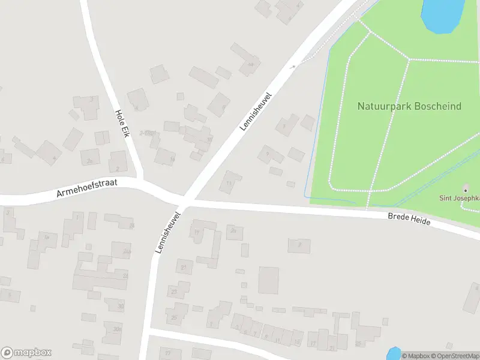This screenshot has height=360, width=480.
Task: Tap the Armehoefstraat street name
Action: (87, 188)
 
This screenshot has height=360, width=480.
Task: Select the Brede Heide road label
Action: (409, 219)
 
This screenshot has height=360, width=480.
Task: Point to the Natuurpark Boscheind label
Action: (409, 106)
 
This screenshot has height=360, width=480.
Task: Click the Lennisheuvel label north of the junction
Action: (256, 112)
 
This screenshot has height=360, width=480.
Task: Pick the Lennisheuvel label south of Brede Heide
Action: (167, 232)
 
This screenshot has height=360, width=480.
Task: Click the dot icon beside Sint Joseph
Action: (466, 189)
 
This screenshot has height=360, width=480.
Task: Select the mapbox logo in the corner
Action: (26, 353)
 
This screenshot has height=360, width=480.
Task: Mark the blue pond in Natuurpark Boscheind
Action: (443, 15)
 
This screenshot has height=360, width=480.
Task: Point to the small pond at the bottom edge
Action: (393, 354)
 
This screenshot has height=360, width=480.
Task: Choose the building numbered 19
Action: (196, 232)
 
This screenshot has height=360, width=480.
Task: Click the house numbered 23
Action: (175, 292)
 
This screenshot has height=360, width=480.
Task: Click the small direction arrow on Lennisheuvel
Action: (293, 66)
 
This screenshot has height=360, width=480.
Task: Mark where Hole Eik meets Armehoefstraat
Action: (142, 181)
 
